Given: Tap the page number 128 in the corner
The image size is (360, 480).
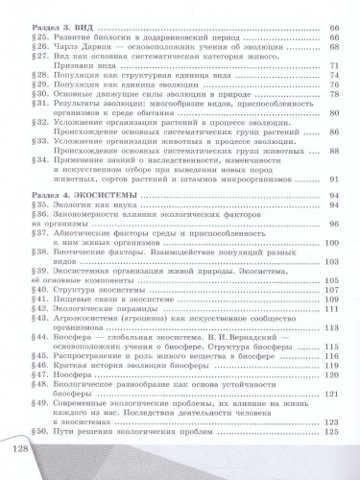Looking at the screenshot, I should point(20,449).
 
